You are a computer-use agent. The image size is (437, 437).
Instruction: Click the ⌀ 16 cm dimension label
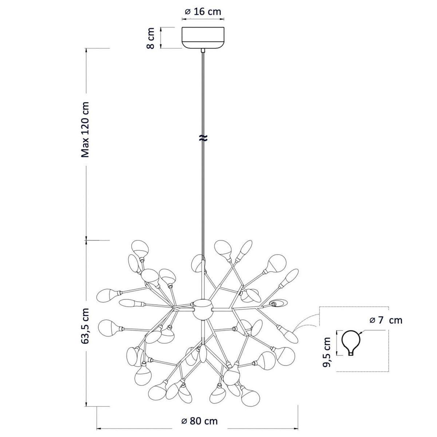pyautogui.click(x=203, y=12)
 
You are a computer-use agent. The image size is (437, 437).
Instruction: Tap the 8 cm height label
pyautogui.click(x=150, y=38)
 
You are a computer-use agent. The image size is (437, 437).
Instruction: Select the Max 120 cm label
pyautogui.click(x=85, y=130)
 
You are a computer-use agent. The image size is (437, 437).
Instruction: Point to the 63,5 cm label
pyautogui.click(x=85, y=326)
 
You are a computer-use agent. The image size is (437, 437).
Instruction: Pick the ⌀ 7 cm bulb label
pyautogui.click(x=386, y=320)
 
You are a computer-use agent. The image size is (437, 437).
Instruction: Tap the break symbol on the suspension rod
pyautogui.click(x=203, y=138)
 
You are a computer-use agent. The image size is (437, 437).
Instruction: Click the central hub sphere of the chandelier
pyautogui.click(x=203, y=309)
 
